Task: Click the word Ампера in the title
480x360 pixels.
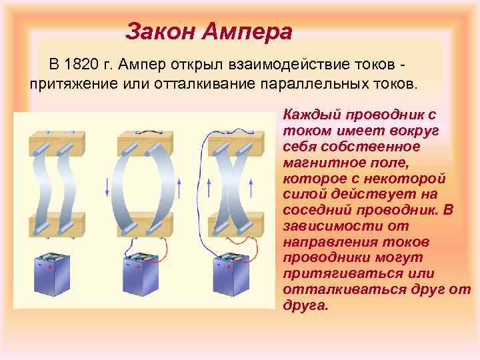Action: point(247,31)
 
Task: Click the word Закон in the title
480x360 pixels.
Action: point(161,31)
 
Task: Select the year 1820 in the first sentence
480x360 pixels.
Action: point(81,65)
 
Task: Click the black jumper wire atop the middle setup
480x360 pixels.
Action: point(145,131)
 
